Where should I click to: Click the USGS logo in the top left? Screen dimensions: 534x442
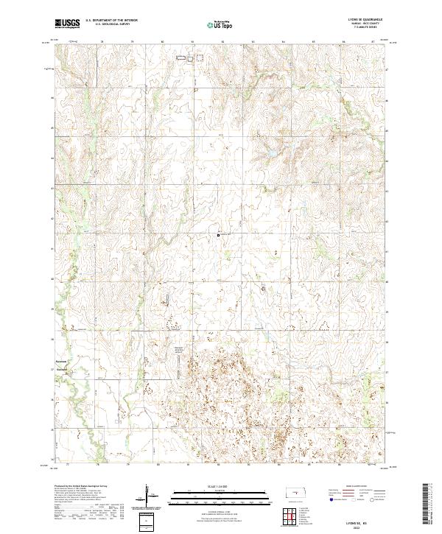[67, 24]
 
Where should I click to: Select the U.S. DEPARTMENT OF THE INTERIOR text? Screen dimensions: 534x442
[111, 21]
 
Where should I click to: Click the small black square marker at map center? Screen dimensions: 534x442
[219, 235]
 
